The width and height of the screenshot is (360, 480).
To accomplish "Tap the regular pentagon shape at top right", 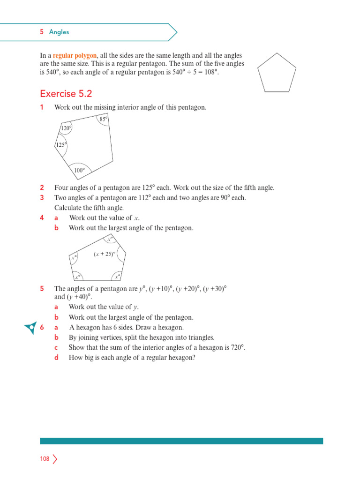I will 277,73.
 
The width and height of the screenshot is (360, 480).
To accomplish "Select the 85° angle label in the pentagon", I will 104,120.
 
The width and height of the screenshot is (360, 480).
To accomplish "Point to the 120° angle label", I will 66,128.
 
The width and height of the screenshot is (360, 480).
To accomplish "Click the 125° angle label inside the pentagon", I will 61,145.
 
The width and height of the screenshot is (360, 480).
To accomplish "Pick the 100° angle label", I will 79,171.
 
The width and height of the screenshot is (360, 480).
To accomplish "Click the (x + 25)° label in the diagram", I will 104,254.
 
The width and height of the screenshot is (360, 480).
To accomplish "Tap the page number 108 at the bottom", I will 45,459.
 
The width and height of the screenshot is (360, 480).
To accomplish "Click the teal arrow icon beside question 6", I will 30,328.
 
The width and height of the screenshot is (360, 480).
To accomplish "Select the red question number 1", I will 42,108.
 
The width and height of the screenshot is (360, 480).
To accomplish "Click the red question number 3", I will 42,198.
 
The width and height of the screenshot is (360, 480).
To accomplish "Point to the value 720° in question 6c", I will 236,348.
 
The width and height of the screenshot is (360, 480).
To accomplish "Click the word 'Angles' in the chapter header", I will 59,32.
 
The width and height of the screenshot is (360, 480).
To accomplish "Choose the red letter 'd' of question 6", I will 56,358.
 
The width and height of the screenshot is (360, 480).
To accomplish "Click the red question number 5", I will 42,289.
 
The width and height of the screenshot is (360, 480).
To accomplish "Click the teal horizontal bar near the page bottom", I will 181,441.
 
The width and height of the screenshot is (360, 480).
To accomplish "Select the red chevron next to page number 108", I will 55,459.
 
